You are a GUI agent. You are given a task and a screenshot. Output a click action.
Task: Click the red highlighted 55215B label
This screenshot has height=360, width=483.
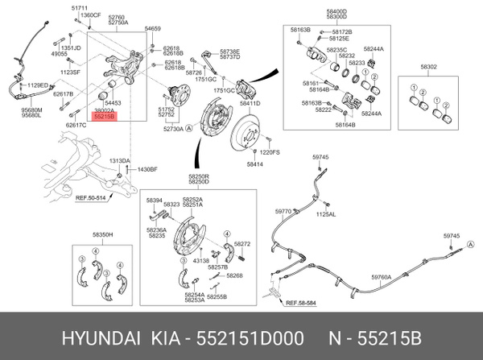tap(105, 117)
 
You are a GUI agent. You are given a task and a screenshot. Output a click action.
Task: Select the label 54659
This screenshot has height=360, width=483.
tap(153, 28)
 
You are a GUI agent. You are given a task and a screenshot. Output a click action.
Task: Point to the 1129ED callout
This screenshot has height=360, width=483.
tap(37, 85)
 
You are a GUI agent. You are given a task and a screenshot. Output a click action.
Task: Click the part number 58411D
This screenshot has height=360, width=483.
tap(250, 104)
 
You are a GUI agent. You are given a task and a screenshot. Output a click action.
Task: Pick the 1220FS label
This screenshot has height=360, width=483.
tap(269, 151)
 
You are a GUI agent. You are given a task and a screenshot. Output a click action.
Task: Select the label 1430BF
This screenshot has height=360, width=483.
tap(147, 169)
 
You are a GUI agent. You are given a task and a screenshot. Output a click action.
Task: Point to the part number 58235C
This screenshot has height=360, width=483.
tap(336, 49)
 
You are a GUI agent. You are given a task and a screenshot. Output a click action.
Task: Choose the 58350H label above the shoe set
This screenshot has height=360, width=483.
tap(102, 234)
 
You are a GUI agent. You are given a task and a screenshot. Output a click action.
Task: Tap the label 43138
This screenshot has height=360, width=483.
tap(200, 260)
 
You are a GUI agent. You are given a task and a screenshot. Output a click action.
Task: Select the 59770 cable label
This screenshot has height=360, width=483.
tap(283, 211)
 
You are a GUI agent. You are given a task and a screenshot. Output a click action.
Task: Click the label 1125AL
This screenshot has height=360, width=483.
tap(326, 215)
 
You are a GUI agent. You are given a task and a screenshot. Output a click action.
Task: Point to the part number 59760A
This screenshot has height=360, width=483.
tap(381, 276)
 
